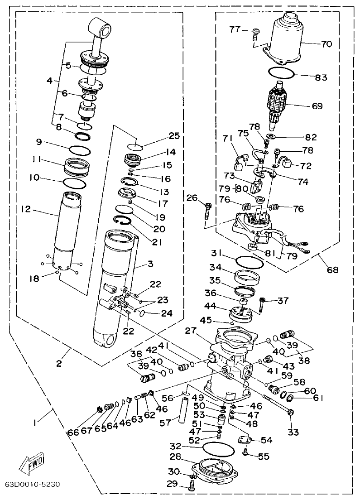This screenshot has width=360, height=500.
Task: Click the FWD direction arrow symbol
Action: [x=32, y=462]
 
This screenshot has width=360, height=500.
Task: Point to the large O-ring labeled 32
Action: [x=219, y=449]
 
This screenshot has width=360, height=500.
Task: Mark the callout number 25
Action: [x=161, y=135]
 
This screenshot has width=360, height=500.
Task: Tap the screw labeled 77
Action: [x=256, y=31]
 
